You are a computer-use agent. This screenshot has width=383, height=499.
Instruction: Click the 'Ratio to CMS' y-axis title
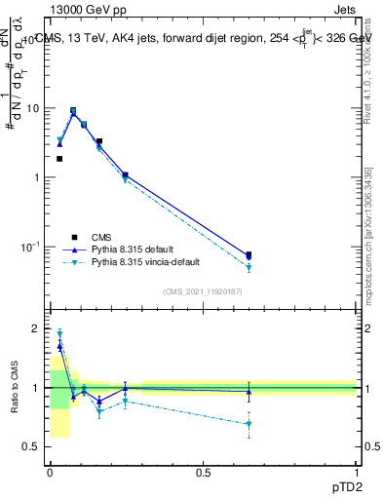15,387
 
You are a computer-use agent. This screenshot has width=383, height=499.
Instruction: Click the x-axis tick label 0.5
203,471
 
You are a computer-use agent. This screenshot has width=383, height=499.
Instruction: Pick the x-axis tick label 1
356,471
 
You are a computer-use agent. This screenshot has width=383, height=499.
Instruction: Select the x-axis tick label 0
50,471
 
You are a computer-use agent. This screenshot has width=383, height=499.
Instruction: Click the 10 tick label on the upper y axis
33,108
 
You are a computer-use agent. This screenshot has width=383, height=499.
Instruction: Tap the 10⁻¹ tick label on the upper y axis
31,247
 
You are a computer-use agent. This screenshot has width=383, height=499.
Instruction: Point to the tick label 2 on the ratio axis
38,328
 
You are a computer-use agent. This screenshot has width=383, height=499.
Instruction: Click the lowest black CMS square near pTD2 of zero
59,159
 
